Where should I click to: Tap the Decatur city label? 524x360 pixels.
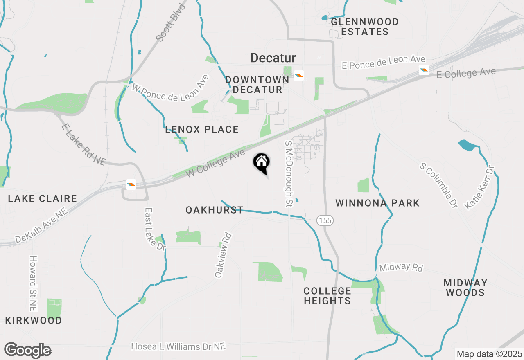click(273, 58)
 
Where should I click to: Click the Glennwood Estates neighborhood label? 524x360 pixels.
click(364, 27)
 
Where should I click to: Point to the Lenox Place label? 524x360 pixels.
click(202, 130)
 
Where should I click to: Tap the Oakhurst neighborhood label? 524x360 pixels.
click(215, 210)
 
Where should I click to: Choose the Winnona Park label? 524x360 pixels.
click(377, 203)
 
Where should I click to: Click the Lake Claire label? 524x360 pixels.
click(43, 199)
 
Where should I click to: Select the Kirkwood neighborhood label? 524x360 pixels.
click(34, 320)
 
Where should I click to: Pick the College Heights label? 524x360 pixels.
click(327, 296)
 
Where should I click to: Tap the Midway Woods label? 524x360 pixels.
click(465, 288)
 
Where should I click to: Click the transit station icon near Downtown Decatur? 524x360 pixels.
click(299, 76)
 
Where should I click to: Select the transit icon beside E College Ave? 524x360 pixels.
click(424, 70)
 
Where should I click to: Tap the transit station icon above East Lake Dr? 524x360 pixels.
click(131, 184)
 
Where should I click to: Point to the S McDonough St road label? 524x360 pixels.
click(289, 173)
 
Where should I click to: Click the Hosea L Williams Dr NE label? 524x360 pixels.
click(178, 346)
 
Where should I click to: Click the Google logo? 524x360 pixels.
click(27, 351)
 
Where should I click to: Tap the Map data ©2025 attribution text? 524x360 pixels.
click(489, 354)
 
